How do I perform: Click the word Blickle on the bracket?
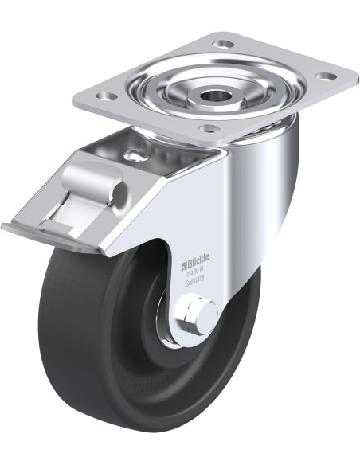pyautogui.click(x=198, y=259)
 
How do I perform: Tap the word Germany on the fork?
pyautogui.click(x=195, y=280)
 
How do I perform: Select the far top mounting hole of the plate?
pyautogui.click(x=224, y=45)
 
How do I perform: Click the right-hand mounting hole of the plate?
pyautogui.click(x=325, y=76)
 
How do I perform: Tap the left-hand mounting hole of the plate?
pyautogui.click(x=106, y=96)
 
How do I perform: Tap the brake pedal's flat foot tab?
pyautogui.click(x=50, y=237)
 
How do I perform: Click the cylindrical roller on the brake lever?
pyautogui.click(x=92, y=182)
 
